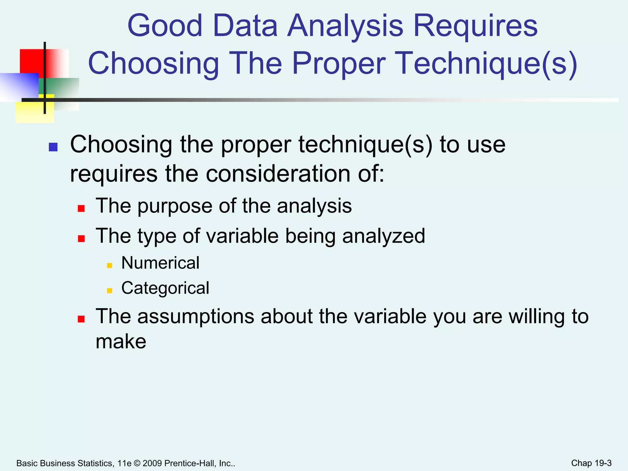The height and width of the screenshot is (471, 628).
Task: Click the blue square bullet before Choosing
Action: [53, 147]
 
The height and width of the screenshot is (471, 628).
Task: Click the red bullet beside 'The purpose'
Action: [81, 209]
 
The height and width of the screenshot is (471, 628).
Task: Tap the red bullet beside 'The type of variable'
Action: [81, 239]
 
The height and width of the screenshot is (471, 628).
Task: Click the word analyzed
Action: [383, 236]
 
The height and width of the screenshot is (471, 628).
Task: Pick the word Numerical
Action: [160, 263]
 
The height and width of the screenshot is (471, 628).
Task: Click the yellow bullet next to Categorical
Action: [109, 290]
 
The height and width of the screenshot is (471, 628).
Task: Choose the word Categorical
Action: [165, 288]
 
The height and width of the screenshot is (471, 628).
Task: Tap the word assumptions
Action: [196, 316]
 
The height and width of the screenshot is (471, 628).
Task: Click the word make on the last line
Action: [121, 342]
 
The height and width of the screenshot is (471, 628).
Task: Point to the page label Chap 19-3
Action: [591, 463]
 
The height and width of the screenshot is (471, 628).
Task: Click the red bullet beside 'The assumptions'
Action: [81, 319]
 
